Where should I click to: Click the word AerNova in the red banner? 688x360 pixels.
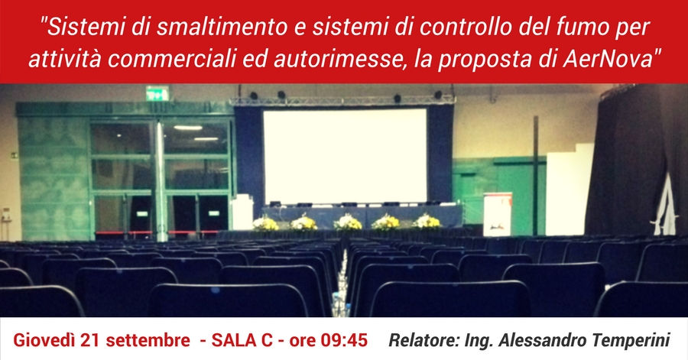608,58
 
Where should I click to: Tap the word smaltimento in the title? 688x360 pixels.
222,28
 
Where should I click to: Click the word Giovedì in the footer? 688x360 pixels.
44,340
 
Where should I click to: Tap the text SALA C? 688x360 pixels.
242,340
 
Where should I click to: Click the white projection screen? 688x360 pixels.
345,156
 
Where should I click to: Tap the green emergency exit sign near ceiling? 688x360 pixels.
157,93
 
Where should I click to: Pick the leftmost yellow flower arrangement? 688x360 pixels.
265,224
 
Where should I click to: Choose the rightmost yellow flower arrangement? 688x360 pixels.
427,222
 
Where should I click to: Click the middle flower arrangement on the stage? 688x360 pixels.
348,222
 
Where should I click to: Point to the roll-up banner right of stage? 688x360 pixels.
498,215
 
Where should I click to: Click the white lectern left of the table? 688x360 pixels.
242,212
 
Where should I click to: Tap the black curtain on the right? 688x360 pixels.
636,160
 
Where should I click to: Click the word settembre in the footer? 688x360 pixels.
148,340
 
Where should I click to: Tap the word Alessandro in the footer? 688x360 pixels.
541,340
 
